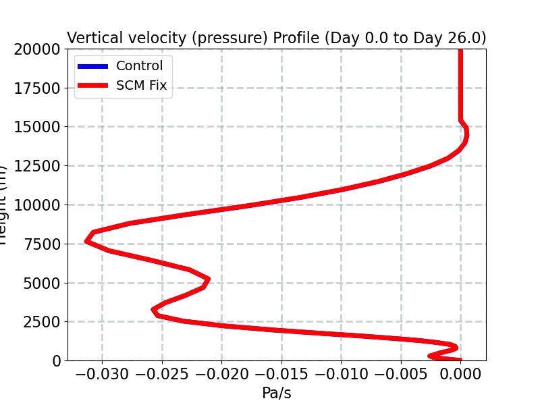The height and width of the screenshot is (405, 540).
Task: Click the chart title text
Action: click(x=276, y=38)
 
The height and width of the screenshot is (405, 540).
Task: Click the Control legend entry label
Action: click(x=139, y=66)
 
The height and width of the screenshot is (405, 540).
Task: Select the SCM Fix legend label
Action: click(x=141, y=86)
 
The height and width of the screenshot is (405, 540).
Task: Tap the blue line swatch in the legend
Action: click(x=92, y=66)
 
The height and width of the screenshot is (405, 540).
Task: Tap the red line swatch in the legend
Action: click(x=92, y=86)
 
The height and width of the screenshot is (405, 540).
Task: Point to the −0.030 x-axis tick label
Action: click(x=103, y=373)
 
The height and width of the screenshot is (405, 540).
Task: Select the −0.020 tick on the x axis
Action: click(x=221, y=373)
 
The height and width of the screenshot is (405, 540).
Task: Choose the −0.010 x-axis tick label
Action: click(x=341, y=373)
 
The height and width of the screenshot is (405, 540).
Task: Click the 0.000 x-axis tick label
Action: click(x=461, y=373)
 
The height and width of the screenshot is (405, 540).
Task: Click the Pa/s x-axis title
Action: click(x=276, y=393)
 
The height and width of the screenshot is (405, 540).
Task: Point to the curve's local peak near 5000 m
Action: click(x=208, y=279)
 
